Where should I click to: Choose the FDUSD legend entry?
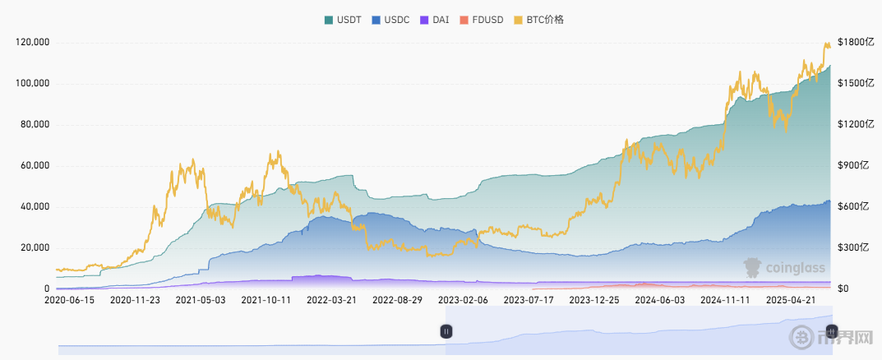[483, 19]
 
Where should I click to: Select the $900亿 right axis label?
[852, 165]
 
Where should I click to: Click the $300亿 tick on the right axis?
[852, 247]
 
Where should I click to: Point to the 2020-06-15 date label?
[69, 301]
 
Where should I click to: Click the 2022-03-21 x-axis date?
[331, 301]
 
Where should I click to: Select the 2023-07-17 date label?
[529, 301]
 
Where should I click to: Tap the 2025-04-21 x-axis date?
[792, 301]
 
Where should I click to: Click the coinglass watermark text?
[795, 267]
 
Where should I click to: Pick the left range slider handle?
[446, 331]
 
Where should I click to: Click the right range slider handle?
[831, 331]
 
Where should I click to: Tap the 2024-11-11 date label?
[726, 301]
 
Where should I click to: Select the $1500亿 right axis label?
[854, 83]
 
